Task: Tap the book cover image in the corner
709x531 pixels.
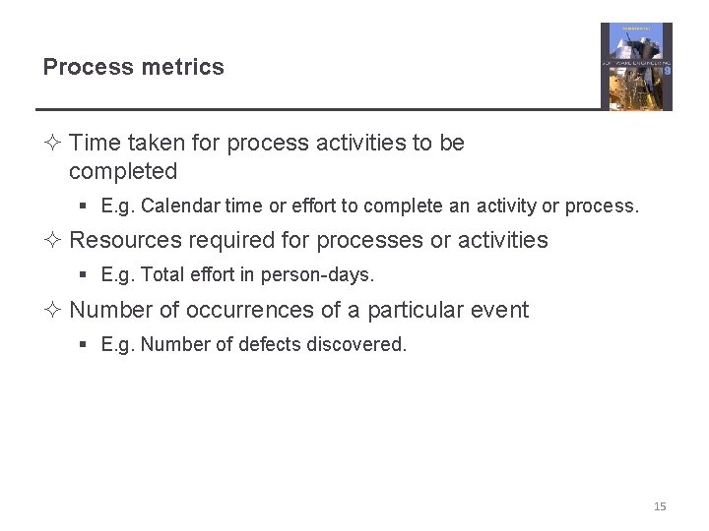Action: (636, 66)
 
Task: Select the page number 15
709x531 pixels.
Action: (660, 506)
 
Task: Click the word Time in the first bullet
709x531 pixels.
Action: (95, 143)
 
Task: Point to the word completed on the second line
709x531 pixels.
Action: (123, 171)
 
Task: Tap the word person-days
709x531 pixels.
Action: (328, 275)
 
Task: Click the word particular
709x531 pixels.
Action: (413, 311)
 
